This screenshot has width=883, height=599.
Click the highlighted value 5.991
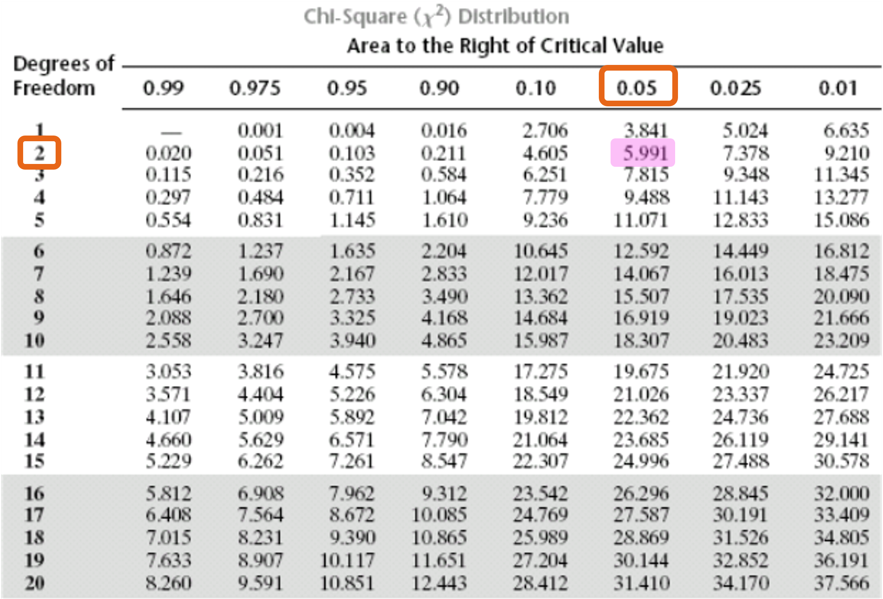click(x=645, y=153)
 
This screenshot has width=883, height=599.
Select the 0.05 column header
click(x=637, y=88)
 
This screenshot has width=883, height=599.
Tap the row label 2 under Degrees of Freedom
click(x=39, y=153)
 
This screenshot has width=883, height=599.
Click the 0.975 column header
click(x=255, y=88)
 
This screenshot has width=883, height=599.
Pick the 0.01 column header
click(x=838, y=88)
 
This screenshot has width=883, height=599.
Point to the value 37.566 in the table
click(x=841, y=583)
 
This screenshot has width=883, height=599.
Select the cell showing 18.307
click(x=641, y=340)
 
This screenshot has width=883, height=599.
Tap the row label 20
click(x=35, y=583)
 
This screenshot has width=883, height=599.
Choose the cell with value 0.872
click(x=168, y=251)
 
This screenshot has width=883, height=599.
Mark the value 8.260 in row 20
click(x=168, y=583)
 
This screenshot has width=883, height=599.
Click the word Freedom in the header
click(x=54, y=88)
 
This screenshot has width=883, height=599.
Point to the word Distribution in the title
click(x=514, y=17)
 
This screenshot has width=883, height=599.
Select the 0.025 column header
click(x=735, y=88)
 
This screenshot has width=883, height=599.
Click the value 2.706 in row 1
click(x=545, y=131)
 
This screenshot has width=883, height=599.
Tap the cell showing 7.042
click(x=444, y=417)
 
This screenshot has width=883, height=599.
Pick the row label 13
click(x=35, y=417)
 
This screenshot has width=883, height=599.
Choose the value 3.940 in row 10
click(x=352, y=340)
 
